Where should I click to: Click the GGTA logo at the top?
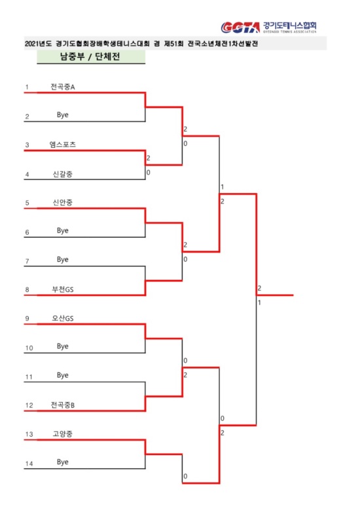(x=240, y=27)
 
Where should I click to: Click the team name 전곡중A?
(x=62, y=87)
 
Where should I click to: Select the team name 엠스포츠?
(x=62, y=145)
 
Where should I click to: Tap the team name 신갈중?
(x=62, y=173)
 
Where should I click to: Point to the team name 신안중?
(x=62, y=202)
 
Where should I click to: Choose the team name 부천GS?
(x=62, y=289)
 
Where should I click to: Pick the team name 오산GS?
(x=62, y=318)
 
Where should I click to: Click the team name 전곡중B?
(x=62, y=405)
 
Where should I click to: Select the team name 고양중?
(x=62, y=433)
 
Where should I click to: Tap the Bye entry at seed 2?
(x=62, y=115)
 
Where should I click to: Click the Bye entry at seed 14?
(x=62, y=462)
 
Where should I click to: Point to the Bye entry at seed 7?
(x=62, y=259)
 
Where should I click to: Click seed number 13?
(x=29, y=434)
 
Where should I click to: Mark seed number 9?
(x=27, y=319)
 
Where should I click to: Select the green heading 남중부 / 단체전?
(x=90, y=56)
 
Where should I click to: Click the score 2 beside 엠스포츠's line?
(x=149, y=158)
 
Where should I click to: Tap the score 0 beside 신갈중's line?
(x=149, y=172)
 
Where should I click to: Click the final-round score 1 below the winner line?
(x=259, y=302)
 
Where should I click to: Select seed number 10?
(x=29, y=348)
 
